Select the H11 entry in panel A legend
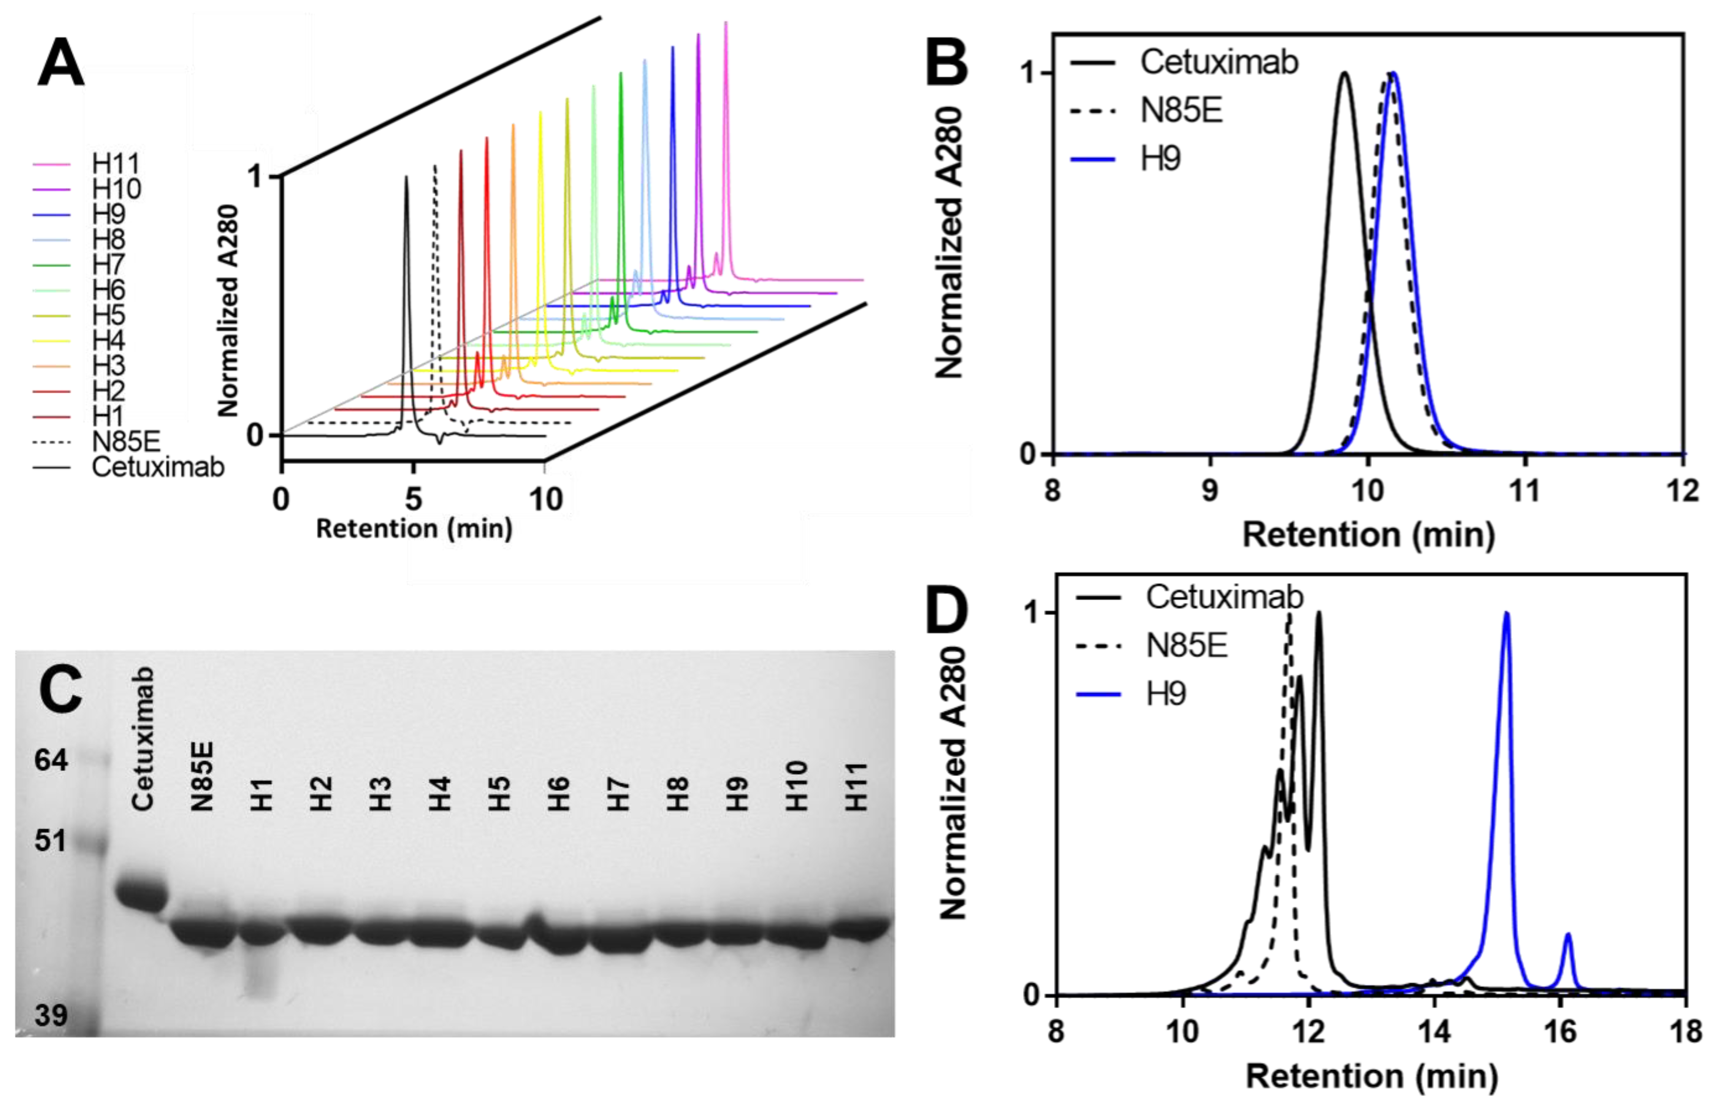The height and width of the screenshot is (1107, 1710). click(115, 164)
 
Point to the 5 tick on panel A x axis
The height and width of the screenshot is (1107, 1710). click(413, 498)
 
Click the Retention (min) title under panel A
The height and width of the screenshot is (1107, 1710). click(414, 529)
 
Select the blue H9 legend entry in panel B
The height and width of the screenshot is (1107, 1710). click(1160, 158)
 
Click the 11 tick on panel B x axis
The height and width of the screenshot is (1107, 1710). click(1525, 491)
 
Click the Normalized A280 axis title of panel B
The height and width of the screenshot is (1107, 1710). click(948, 243)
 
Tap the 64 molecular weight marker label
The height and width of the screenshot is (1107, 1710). click(51, 760)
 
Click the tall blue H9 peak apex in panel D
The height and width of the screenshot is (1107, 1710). click(1506, 614)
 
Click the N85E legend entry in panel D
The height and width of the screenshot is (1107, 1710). click(1185, 645)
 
